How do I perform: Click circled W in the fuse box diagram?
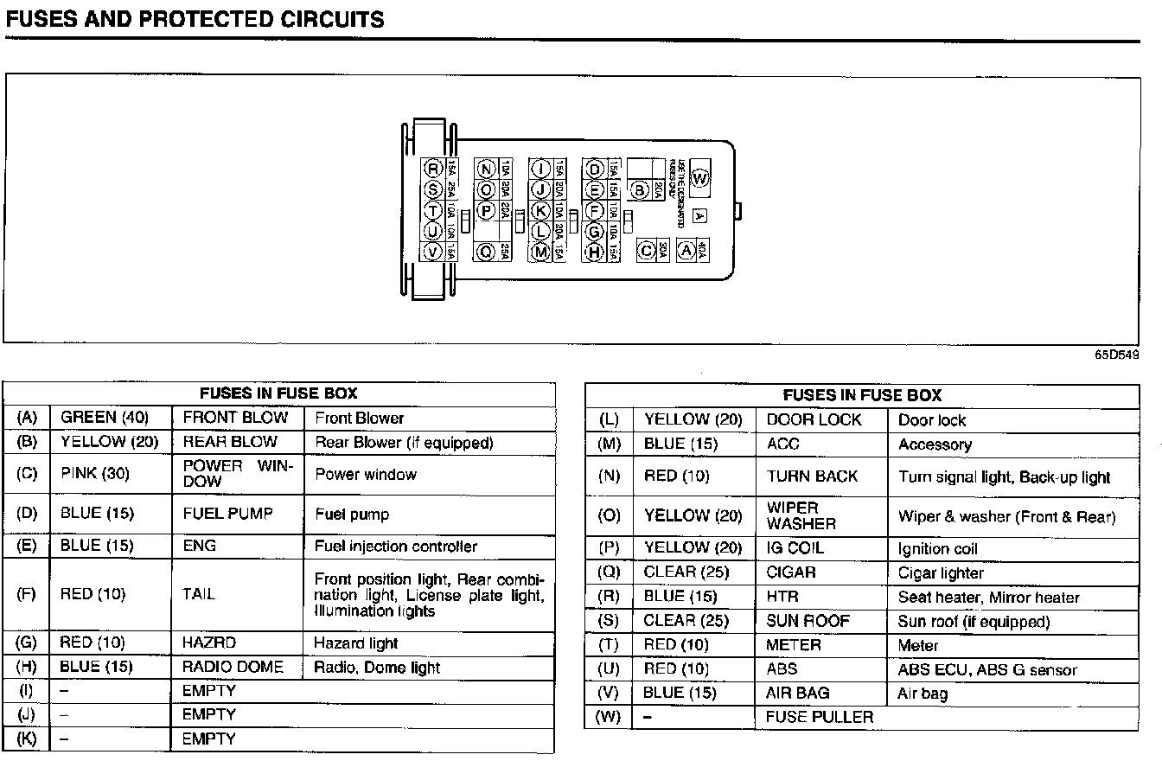(699, 179)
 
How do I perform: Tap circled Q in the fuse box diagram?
(486, 252)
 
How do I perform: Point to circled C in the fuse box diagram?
(645, 251)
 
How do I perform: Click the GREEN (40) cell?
(105, 418)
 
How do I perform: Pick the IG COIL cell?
(795, 548)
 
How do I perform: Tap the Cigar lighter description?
(941, 572)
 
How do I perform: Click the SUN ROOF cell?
(808, 621)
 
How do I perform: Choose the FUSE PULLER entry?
(820, 717)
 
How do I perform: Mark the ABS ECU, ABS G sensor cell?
(987, 669)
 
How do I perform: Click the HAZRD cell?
(209, 643)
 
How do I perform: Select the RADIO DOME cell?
(233, 667)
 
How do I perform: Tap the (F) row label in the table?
(27, 594)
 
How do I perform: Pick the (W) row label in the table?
(610, 717)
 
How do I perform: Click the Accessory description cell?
(935, 444)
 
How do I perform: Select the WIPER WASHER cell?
(801, 515)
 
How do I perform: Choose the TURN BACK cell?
(812, 476)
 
